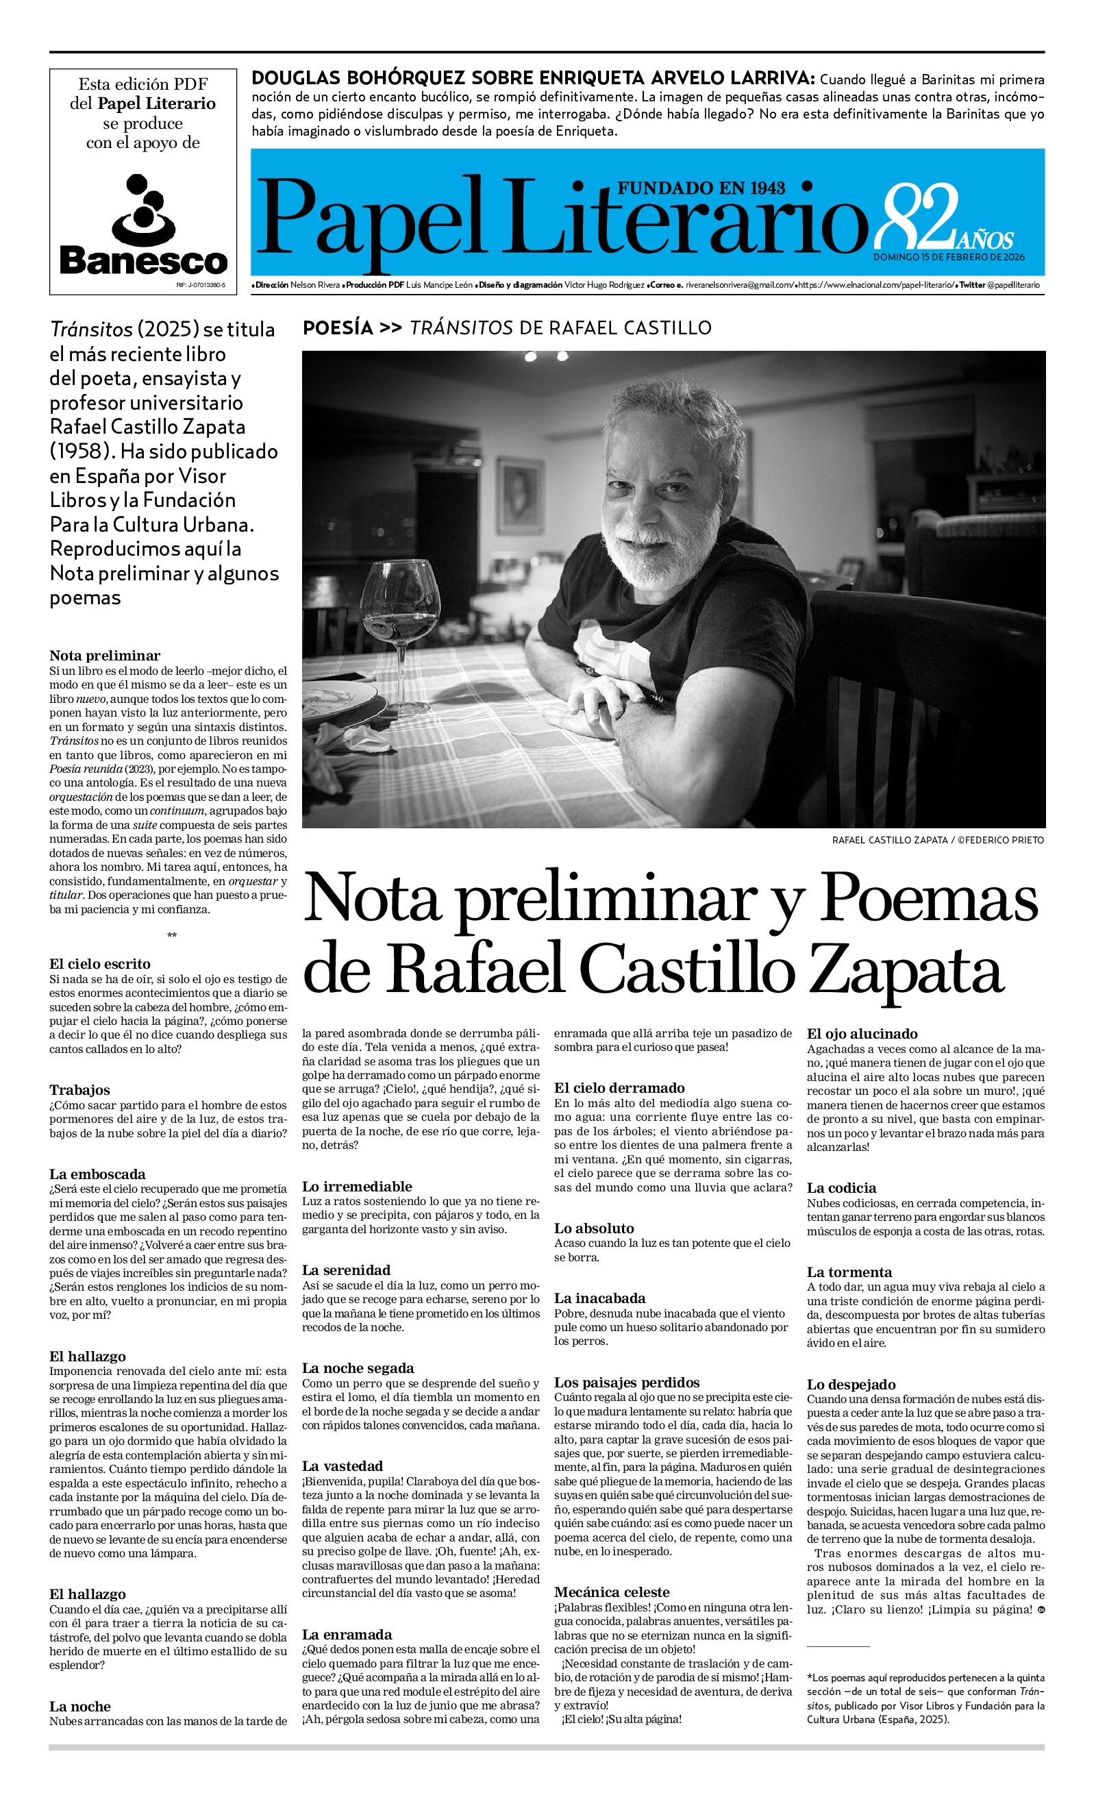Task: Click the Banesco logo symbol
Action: (x=143, y=210)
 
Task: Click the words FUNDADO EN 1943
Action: (x=701, y=188)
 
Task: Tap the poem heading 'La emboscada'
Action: (x=97, y=1174)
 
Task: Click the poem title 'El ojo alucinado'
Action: (x=862, y=1033)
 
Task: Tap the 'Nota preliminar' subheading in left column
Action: (x=105, y=655)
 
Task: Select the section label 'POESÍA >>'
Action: (x=352, y=327)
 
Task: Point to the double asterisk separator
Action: (x=171, y=936)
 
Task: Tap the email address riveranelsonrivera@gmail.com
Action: (x=738, y=285)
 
